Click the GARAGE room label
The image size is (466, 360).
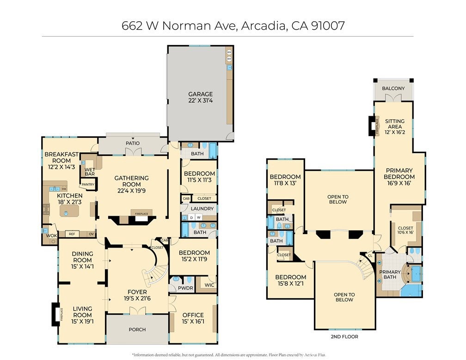(200, 94)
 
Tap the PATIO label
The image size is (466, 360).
(133, 143)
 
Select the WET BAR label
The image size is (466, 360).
(90, 171)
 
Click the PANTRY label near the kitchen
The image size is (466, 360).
(87, 185)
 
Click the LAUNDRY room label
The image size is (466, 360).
(202, 209)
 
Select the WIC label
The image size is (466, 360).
(209, 285)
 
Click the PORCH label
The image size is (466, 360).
(137, 329)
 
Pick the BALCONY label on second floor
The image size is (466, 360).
(393, 88)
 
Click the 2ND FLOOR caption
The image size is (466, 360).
(344, 336)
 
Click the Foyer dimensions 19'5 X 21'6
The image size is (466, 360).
(137, 299)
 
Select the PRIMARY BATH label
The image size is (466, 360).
(390, 275)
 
